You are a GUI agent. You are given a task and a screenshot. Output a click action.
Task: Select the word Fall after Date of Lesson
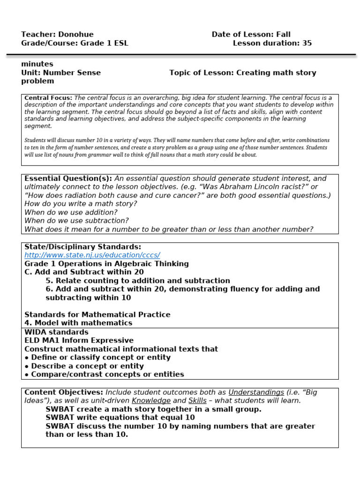pyautogui.click(x=283, y=34)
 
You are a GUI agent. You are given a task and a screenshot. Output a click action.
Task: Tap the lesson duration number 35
pyautogui.click(x=307, y=43)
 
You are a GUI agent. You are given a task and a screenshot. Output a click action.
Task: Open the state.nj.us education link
pyautogui.click(x=92, y=255)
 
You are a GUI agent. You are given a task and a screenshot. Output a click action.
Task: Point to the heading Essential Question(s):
pyautogui.click(x=68, y=179)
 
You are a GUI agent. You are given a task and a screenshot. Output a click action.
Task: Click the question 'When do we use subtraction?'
pyautogui.click(x=76, y=221)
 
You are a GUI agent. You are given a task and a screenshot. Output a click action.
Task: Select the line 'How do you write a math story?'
pyautogui.click(x=81, y=204)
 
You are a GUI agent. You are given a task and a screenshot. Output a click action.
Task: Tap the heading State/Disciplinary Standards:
pyautogui.click(x=82, y=247)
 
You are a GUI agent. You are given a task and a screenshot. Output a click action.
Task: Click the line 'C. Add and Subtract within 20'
pyautogui.click(x=84, y=272)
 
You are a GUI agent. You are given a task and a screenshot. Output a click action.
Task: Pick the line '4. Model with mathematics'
pyautogui.click(x=78, y=323)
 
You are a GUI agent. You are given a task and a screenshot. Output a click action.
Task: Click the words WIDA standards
pyautogui.click(x=56, y=332)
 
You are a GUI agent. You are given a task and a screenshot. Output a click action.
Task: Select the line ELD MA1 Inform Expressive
pyautogui.click(x=79, y=340)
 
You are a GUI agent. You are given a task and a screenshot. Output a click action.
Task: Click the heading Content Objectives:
pyautogui.click(x=64, y=392)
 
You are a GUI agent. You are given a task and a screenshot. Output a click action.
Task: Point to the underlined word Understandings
pyautogui.click(x=256, y=392)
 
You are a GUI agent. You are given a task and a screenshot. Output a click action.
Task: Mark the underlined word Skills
pyautogui.click(x=197, y=401)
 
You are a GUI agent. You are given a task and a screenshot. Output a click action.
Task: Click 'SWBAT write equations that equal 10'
pyautogui.click(x=120, y=418)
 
